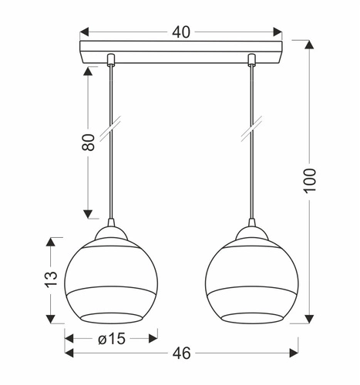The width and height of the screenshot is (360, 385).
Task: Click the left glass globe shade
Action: coord(111,278)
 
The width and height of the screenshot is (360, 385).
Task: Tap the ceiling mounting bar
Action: coord(181,57)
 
